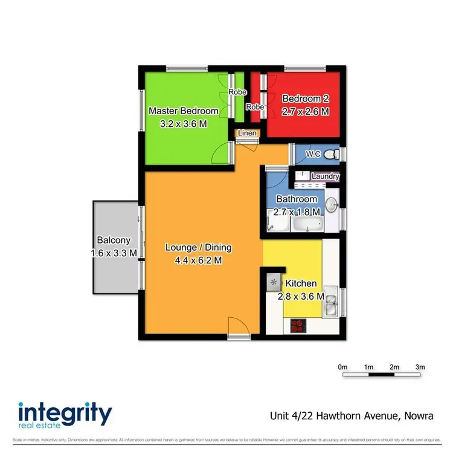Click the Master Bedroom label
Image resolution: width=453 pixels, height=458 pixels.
point(183,111)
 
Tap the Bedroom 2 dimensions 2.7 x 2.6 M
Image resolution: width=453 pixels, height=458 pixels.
point(306,112)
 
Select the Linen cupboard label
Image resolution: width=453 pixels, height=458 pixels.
point(247,134)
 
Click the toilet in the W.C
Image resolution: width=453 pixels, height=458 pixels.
point(331,155)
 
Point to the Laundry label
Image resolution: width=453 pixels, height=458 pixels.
point(325,176)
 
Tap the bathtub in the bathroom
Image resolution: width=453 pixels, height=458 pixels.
point(309,226)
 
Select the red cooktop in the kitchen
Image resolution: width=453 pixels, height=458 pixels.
point(298,326)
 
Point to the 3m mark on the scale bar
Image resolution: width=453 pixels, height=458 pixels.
point(420,367)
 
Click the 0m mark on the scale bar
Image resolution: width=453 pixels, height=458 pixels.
point(342,367)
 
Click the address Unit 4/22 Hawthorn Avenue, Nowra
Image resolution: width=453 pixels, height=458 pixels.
point(351,416)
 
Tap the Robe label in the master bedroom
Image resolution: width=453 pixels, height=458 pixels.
point(237,92)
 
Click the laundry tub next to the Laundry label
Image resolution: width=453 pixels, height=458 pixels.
point(300,175)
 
